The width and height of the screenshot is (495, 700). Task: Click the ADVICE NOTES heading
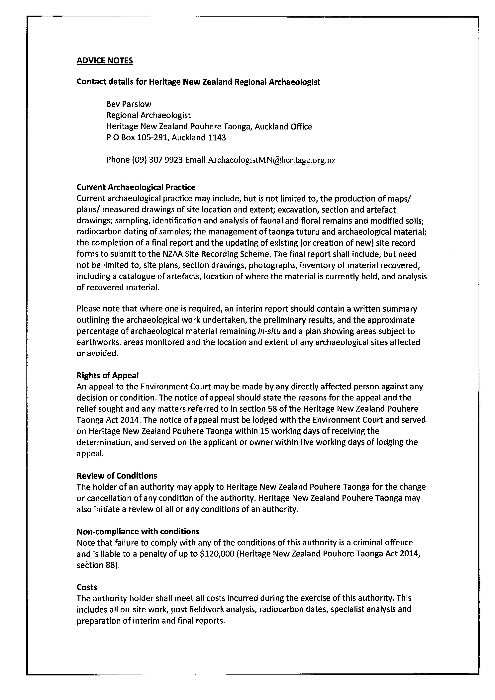click(105, 61)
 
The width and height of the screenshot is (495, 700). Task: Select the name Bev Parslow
click(129, 104)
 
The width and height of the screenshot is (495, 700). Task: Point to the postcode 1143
click(217, 138)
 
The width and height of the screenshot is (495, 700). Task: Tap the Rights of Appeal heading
click(107, 375)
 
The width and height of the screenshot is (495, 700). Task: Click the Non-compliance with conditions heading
click(138, 532)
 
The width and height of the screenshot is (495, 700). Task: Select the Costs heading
click(87, 587)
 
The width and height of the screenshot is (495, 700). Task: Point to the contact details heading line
click(198, 82)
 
